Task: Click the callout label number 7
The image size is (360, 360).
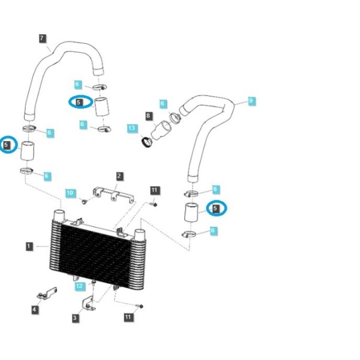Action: point(42,38)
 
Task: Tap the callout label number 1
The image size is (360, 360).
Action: point(29,247)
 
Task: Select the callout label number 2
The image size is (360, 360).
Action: point(119,176)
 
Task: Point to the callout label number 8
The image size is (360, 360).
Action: point(148,115)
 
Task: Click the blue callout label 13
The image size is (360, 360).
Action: point(132,128)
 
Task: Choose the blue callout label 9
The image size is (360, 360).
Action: point(251,101)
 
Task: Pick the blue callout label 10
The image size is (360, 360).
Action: point(70,193)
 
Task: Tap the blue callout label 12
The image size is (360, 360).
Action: point(80,286)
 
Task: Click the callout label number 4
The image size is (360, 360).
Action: point(34,309)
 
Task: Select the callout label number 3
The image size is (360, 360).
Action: point(75,318)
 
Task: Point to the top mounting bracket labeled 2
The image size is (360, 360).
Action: point(113,194)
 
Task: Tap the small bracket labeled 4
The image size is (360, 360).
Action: point(47,293)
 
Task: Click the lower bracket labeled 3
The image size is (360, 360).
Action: point(88,304)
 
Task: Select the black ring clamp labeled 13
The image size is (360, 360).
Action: point(147,142)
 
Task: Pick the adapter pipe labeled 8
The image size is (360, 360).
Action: point(161,130)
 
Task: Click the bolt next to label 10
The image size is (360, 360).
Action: point(85,202)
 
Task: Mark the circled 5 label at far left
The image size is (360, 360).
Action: point(6,145)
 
